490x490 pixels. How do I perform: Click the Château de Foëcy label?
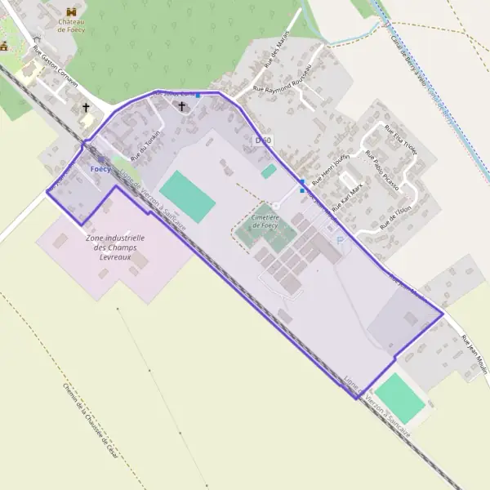coord(71,24)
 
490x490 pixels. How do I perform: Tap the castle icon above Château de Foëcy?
coord(71,11)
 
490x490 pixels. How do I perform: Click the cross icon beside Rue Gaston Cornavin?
coord(85,107)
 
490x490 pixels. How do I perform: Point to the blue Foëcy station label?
coord(100,169)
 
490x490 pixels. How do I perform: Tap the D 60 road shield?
coord(263,140)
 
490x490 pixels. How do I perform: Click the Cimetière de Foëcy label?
coord(264,220)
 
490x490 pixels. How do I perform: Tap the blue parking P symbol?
coord(340,240)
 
